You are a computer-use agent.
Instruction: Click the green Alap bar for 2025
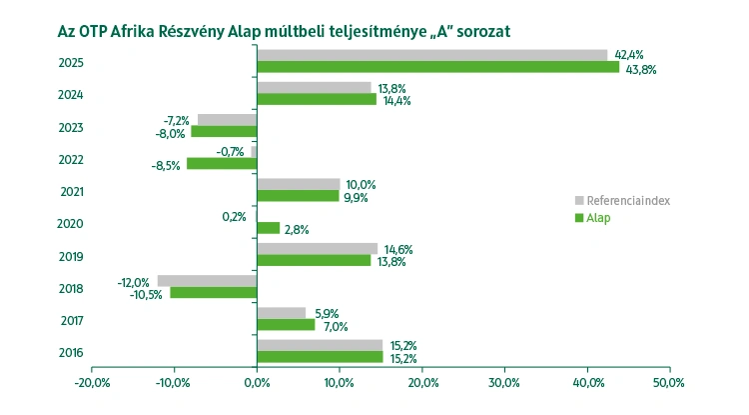coord(437,67)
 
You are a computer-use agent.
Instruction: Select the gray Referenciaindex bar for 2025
coord(431,55)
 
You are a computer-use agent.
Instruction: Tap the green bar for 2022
coord(222,163)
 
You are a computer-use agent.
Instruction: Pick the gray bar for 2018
coord(207,281)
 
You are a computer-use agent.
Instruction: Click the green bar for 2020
coord(269,228)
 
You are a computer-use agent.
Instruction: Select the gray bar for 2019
coord(317,248)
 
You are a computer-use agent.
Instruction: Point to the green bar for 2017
coord(286,325)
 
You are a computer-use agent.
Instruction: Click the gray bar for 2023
coord(227,120)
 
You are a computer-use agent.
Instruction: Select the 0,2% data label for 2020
coord(234,216)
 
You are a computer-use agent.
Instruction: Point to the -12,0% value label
coord(133,281)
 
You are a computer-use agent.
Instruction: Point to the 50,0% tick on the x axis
coord(668,383)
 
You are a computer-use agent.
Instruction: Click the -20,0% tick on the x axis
coord(91,383)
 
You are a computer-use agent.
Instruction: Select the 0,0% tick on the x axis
coord(257,383)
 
